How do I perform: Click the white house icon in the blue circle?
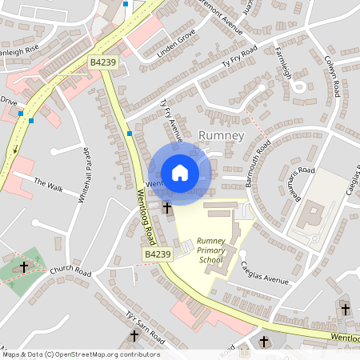pos(180,172)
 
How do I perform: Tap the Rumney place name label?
pos(220,135)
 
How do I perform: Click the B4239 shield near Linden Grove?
pos(103,62)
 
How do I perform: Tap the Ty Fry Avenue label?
pos(172,121)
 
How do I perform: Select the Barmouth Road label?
pos(258,165)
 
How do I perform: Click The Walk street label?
pos(48,185)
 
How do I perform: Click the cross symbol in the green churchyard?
pos(24,266)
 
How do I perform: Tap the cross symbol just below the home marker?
pos(167,207)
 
